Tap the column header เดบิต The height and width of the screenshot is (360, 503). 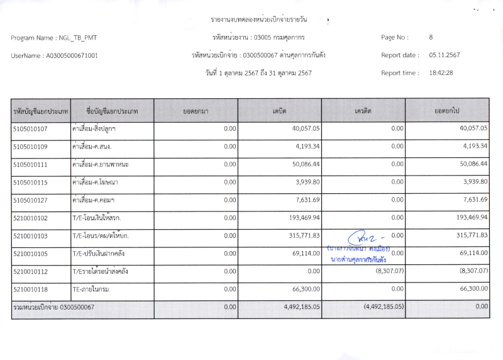pos(279,111)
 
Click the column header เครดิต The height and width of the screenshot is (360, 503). pos(363,111)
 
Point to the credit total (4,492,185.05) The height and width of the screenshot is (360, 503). pos(384,307)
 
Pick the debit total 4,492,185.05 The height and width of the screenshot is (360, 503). pos(298,307)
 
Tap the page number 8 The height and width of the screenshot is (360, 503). pos(431,38)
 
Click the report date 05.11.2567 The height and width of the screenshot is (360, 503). pos(445,55)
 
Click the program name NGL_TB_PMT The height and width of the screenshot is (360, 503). pos(76,38)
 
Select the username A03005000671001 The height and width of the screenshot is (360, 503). pos(72,55)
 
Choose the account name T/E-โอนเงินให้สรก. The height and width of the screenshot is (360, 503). pos(101,217)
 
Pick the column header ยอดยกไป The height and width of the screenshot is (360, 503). pos(447,111)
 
